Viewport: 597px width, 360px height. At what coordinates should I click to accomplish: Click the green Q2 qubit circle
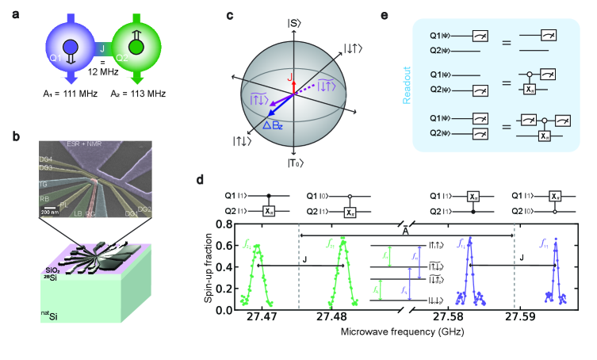140,48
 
